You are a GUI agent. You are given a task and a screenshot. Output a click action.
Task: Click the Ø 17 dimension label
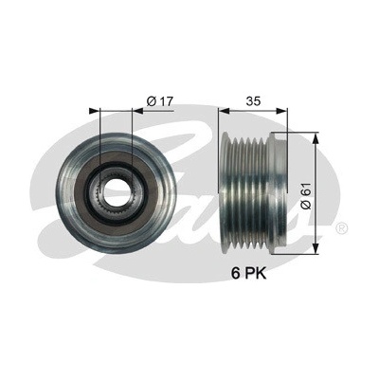click(160, 101)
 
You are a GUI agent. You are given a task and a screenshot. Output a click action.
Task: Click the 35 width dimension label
click(253, 101)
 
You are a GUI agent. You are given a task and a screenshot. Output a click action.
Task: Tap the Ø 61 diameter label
click(306, 196)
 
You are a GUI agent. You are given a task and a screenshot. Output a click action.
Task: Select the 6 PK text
click(249, 274)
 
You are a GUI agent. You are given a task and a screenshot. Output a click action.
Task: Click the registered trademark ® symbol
click(342, 227)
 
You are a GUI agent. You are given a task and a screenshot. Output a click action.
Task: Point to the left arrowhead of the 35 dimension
click(224, 111)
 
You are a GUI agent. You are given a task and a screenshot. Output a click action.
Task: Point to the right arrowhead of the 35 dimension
click(282, 111)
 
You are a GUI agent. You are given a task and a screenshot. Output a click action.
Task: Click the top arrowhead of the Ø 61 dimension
click(315, 137)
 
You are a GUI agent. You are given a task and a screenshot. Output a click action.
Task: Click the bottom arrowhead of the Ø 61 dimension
click(315, 248)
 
